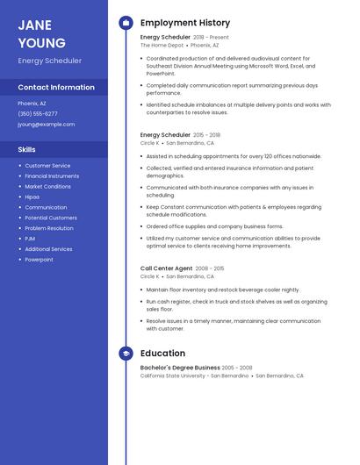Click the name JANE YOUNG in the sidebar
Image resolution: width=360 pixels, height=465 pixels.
point(41,33)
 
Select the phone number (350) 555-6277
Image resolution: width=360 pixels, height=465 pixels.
point(38,113)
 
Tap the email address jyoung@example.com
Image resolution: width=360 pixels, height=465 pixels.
point(46,125)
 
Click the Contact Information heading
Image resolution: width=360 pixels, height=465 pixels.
point(56,88)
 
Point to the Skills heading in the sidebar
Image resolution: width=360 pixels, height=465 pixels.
point(27,149)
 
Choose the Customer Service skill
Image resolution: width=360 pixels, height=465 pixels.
point(47,165)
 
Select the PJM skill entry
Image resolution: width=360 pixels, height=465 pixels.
point(30,239)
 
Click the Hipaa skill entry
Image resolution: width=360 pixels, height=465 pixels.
point(32,197)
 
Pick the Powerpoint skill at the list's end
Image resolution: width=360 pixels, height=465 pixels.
point(39,260)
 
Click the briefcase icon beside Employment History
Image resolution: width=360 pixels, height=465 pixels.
point(126,23)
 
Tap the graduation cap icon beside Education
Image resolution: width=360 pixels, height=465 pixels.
point(126,354)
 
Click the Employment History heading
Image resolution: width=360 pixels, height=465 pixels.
point(185,23)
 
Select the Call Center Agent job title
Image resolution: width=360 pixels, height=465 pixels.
point(166,268)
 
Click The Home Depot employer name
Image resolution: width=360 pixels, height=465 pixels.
point(162,45)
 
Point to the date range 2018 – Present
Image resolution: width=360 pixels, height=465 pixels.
point(211,38)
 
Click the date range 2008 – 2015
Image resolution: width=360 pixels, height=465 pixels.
point(210,268)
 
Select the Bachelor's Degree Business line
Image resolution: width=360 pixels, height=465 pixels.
point(180,368)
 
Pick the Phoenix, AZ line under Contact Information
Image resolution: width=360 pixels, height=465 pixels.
point(32,103)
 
